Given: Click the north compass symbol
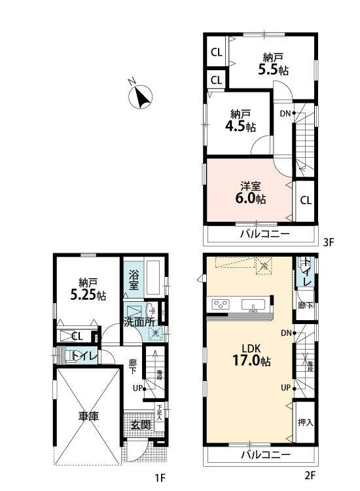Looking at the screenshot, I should tap(139, 96).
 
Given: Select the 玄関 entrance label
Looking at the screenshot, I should tap(141, 425).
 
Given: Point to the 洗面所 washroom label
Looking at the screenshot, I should tap(139, 321).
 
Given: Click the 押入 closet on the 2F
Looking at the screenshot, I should tap(305, 422).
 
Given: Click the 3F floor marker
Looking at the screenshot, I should tap(328, 242).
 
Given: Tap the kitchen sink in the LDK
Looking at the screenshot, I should tap(253, 305).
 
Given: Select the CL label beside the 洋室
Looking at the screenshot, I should tap(306, 200).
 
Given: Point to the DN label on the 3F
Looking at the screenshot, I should tap(285, 113).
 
